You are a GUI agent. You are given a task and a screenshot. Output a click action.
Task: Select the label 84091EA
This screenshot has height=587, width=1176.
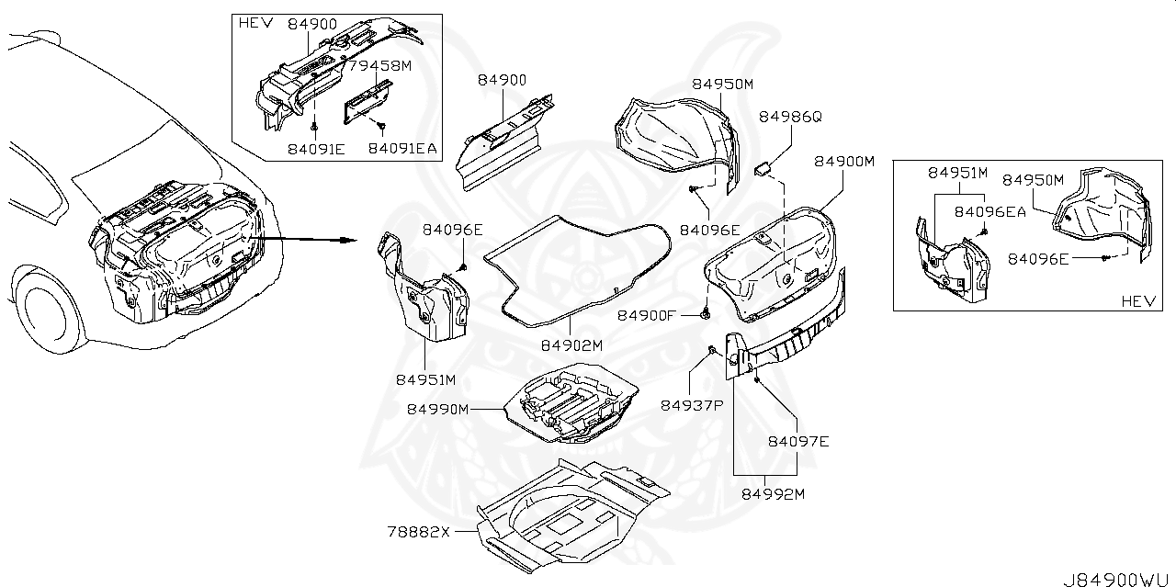403,147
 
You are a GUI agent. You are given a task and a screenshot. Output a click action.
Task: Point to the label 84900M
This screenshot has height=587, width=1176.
844,162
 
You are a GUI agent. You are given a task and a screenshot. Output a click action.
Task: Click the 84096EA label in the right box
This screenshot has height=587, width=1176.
989,211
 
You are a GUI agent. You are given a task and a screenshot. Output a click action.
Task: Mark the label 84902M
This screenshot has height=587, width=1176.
571,345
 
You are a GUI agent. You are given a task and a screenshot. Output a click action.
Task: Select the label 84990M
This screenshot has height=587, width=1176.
438,409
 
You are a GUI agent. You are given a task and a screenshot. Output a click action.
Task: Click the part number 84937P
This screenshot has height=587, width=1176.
690,405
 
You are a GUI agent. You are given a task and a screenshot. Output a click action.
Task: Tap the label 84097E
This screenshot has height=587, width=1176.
798,442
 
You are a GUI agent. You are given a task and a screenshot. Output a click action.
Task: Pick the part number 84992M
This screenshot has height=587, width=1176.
774,494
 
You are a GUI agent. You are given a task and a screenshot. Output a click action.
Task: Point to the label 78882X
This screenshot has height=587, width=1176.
419,532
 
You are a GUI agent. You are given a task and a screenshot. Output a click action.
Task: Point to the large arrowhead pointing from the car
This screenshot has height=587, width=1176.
346,241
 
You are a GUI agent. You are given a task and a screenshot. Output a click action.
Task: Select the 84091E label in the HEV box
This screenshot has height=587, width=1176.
315,147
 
